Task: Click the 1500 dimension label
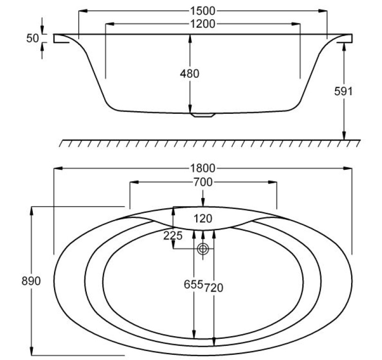pos(203,11)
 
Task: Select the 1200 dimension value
pos(203,24)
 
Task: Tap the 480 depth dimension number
pos(190,74)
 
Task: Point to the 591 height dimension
pos(343,91)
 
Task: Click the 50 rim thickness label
pos(32,38)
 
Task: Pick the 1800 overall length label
pos(203,168)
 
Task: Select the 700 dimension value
pos(203,182)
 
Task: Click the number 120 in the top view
pos(203,218)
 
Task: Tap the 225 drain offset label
pos(173,236)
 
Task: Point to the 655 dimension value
pos(193,285)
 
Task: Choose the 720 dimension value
pos(214,288)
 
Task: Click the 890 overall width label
pos(31,281)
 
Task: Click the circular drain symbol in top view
pos(203,249)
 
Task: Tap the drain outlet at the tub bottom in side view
pos(203,115)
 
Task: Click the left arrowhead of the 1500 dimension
pos(84,11)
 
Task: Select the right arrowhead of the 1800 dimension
pos(348,168)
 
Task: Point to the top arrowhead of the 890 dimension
pos(31,211)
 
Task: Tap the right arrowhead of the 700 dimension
pos(272,182)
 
